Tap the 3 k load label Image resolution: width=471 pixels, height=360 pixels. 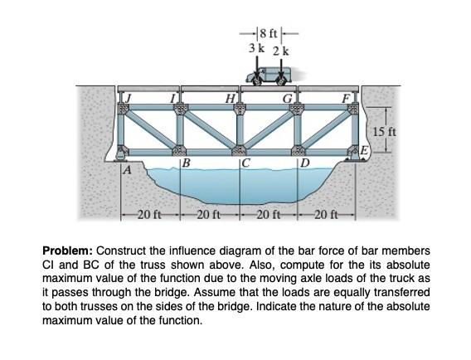[256, 48]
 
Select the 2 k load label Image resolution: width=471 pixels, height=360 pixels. [281, 51]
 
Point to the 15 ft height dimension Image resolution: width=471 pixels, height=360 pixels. [385, 131]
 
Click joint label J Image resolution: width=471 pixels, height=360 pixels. [129, 99]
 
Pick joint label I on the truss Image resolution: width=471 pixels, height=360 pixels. [172, 99]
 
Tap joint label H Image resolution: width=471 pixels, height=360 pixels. [231, 99]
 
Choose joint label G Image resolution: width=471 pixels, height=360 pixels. [287, 99]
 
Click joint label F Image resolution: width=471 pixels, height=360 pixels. [347, 99]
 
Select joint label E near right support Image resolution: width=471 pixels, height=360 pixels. [364, 149]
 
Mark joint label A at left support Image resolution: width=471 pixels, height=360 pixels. [128, 170]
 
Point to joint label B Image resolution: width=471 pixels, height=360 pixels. [187, 163]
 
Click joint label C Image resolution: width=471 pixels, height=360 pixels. [245, 163]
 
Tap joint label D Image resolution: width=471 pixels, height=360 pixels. [305, 163]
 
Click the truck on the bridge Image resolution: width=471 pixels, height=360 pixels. [269, 76]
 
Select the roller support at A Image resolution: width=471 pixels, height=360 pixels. [120, 153]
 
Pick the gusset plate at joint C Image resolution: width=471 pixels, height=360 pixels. [239, 150]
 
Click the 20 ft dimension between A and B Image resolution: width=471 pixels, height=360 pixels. [149, 215]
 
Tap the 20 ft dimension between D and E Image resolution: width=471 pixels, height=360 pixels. [326, 215]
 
